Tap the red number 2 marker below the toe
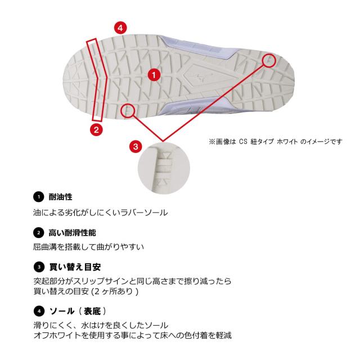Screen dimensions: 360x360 [x=96, y=129]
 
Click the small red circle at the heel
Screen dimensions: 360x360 [x=270, y=60]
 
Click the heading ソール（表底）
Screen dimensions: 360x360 [x=78, y=310]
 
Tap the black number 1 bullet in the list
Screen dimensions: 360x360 [x=37, y=198]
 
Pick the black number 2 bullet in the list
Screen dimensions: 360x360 [x=37, y=232]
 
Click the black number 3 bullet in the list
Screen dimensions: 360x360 [x=37, y=265]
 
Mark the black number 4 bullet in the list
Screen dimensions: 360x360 [x=37, y=310]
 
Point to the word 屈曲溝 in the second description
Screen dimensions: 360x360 [x=44, y=246]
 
